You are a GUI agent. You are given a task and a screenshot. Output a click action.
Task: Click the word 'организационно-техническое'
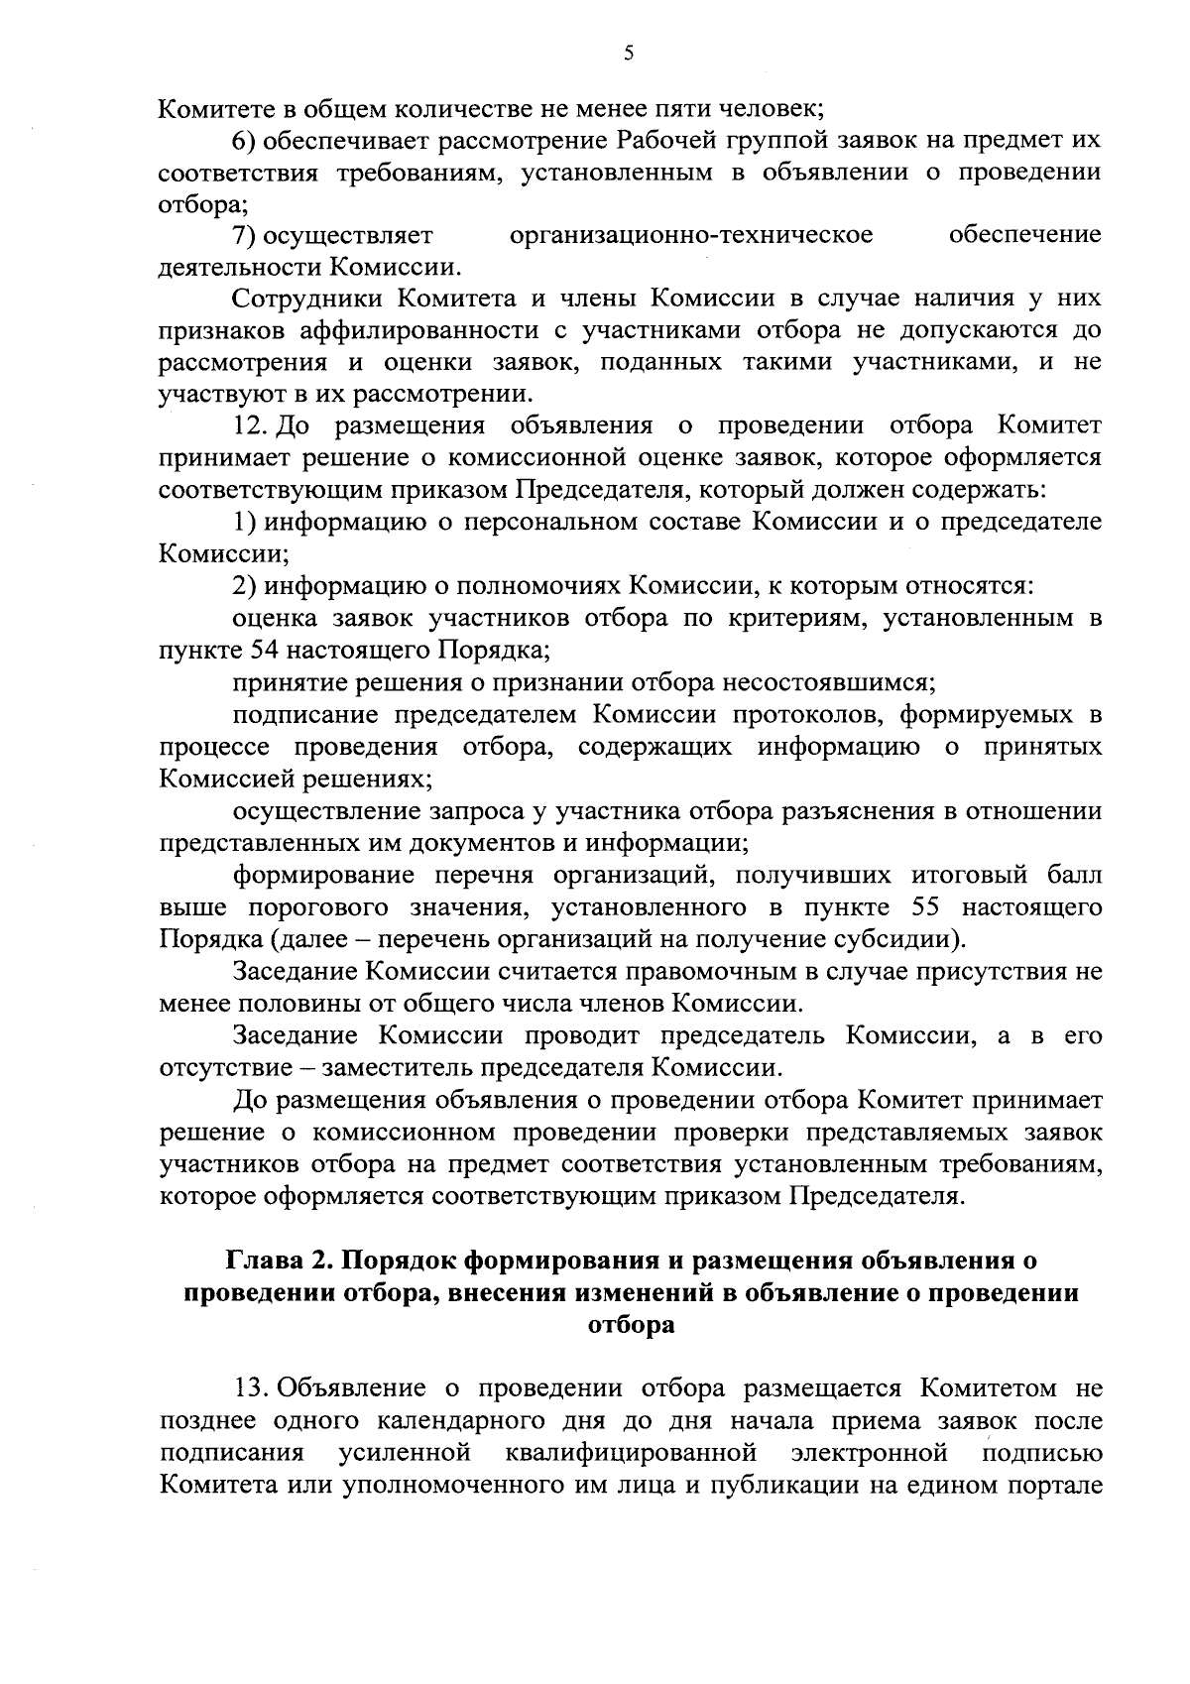[x=691, y=235]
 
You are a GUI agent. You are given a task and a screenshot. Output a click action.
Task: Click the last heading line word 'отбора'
[x=631, y=1325]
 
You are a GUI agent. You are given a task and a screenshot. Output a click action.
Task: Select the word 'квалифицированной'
[x=631, y=1453]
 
